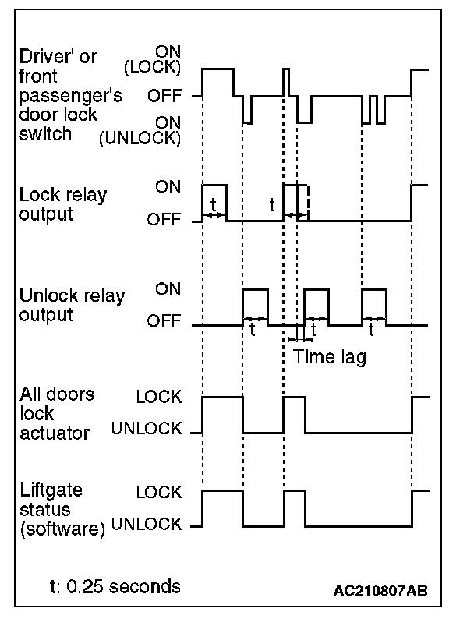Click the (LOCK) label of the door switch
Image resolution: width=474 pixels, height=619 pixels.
pyautogui.click(x=152, y=67)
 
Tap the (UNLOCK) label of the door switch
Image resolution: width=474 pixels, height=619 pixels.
pyautogui.click(x=140, y=138)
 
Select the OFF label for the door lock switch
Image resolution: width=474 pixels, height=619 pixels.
pyautogui.click(x=164, y=96)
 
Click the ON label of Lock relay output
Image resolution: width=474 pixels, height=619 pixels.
pyautogui.click(x=168, y=186)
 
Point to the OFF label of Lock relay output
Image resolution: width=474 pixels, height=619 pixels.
pyautogui.click(x=164, y=219)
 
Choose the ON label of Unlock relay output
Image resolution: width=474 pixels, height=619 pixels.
pyautogui.click(x=168, y=289)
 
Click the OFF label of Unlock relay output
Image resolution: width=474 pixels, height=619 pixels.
pyautogui.click(x=164, y=320)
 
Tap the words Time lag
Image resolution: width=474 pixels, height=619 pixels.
pyautogui.click(x=330, y=357)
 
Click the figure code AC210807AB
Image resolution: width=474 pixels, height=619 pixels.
pyautogui.click(x=380, y=591)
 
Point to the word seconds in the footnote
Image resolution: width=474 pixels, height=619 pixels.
pyautogui.click(x=145, y=586)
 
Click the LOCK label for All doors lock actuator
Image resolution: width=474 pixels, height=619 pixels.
pyautogui.click(x=159, y=397)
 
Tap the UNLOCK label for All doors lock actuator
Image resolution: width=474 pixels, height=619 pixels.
pyautogui.click(x=147, y=428)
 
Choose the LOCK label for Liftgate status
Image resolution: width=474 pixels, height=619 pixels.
pyautogui.click(x=159, y=492)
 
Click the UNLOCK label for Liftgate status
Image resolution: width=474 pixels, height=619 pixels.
pyautogui.click(x=147, y=524)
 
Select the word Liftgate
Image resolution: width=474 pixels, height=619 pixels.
pyautogui.click(x=51, y=490)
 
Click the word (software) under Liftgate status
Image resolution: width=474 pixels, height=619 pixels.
pyautogui.click(x=62, y=529)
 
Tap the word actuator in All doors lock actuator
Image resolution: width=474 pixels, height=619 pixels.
pyautogui.click(x=55, y=433)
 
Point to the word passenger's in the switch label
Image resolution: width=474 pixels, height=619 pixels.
pyautogui.click(x=71, y=96)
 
